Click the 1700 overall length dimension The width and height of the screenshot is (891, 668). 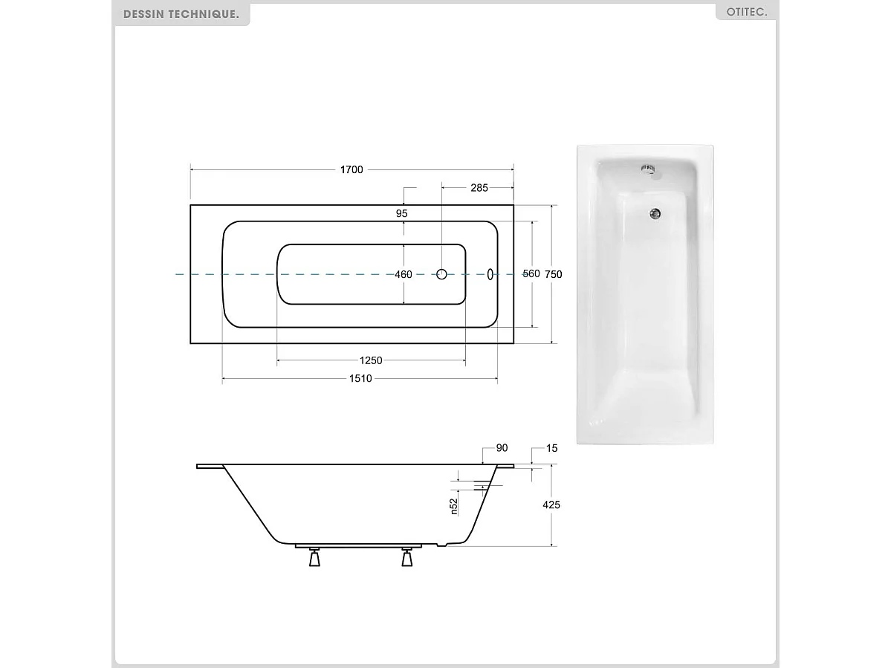(351, 169)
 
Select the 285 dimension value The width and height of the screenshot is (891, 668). (479, 188)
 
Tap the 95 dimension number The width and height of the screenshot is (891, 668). (402, 213)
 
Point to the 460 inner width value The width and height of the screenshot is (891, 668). (403, 274)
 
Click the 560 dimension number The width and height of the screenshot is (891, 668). (531, 274)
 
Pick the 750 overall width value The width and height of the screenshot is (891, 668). (554, 274)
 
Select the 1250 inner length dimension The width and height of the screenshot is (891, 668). (371, 361)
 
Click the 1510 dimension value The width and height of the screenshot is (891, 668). (360, 379)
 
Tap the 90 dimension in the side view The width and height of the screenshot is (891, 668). (502, 448)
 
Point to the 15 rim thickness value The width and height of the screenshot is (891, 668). (551, 448)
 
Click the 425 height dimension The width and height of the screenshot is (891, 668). (551, 505)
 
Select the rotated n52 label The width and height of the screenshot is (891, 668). (453, 507)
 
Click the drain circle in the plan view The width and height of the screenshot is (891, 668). (441, 274)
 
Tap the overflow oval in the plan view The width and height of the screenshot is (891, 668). (490, 274)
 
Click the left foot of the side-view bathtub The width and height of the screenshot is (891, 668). (315, 557)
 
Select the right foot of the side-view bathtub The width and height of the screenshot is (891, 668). (406, 557)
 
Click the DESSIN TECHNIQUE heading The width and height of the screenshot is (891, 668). (181, 14)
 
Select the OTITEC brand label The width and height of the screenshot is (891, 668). (745, 13)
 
